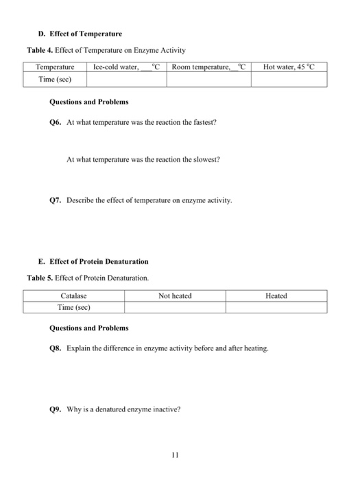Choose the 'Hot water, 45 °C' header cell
(289, 67)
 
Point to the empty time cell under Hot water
(289, 80)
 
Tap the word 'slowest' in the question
(208, 160)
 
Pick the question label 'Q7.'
(56, 201)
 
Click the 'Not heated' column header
(175, 296)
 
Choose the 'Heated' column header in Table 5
(276, 296)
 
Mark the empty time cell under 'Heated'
(276, 307)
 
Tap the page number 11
(176, 453)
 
